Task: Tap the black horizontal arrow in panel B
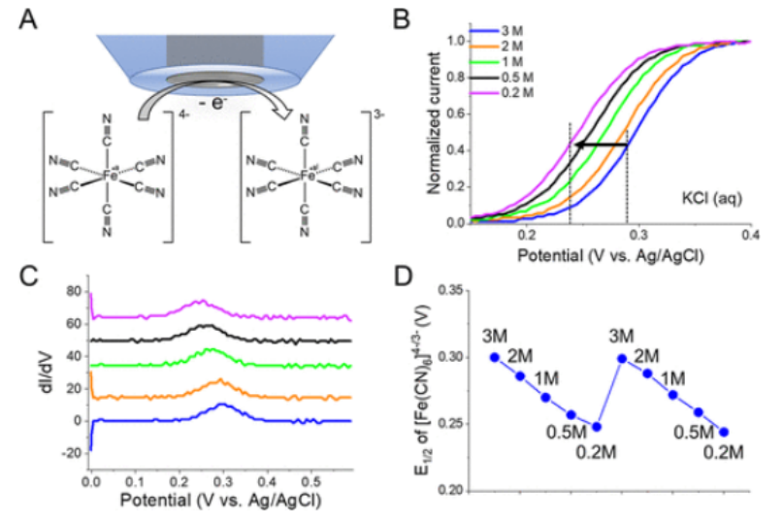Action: pyautogui.click(x=599, y=146)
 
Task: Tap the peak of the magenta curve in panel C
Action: pyautogui.click(x=203, y=301)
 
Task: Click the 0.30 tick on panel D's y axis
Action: pyautogui.click(x=448, y=357)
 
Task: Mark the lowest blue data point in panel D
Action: pyautogui.click(x=724, y=432)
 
